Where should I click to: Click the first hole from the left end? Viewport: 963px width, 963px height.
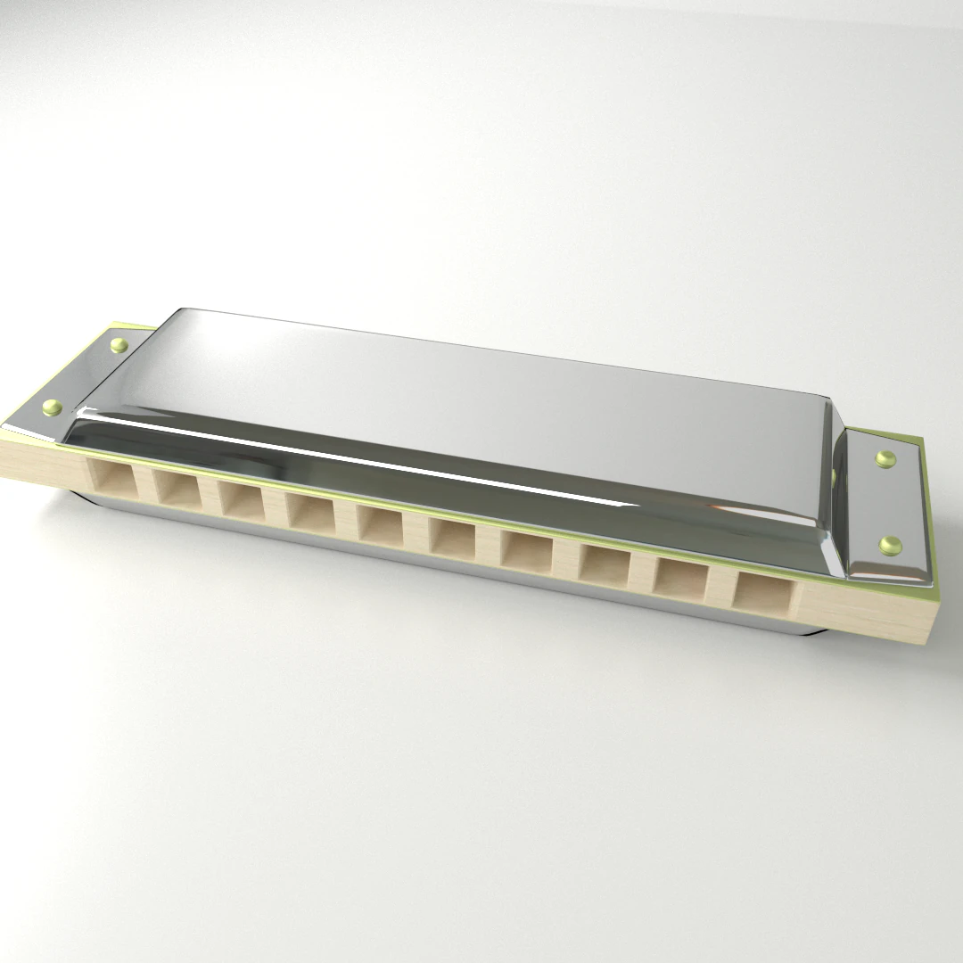coord(114,481)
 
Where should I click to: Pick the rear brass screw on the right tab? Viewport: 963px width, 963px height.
coord(885,458)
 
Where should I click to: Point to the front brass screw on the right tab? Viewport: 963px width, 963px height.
coord(889,544)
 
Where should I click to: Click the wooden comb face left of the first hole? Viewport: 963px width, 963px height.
coord(45,458)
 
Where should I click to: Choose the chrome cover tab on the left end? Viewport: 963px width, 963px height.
coord(85,379)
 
